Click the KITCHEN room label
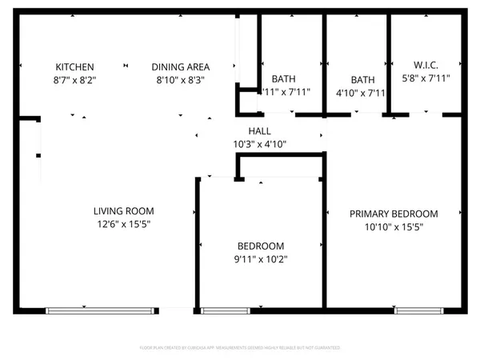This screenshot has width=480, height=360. click(x=74, y=67)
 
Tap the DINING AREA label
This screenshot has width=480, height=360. click(x=181, y=67)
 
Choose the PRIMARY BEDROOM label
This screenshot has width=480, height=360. click(x=394, y=214)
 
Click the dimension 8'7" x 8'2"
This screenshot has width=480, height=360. click(x=74, y=80)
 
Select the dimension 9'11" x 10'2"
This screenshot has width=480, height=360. click(x=260, y=259)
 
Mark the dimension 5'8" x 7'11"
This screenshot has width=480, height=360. click(x=426, y=78)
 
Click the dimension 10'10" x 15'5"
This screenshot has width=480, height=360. click(x=394, y=227)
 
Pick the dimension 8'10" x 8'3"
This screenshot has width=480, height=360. click(x=181, y=80)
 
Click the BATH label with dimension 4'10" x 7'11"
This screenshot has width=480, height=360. click(x=362, y=79)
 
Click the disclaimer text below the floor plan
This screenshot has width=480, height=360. click(x=240, y=348)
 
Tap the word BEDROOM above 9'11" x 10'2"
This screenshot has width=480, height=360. click(x=260, y=246)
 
